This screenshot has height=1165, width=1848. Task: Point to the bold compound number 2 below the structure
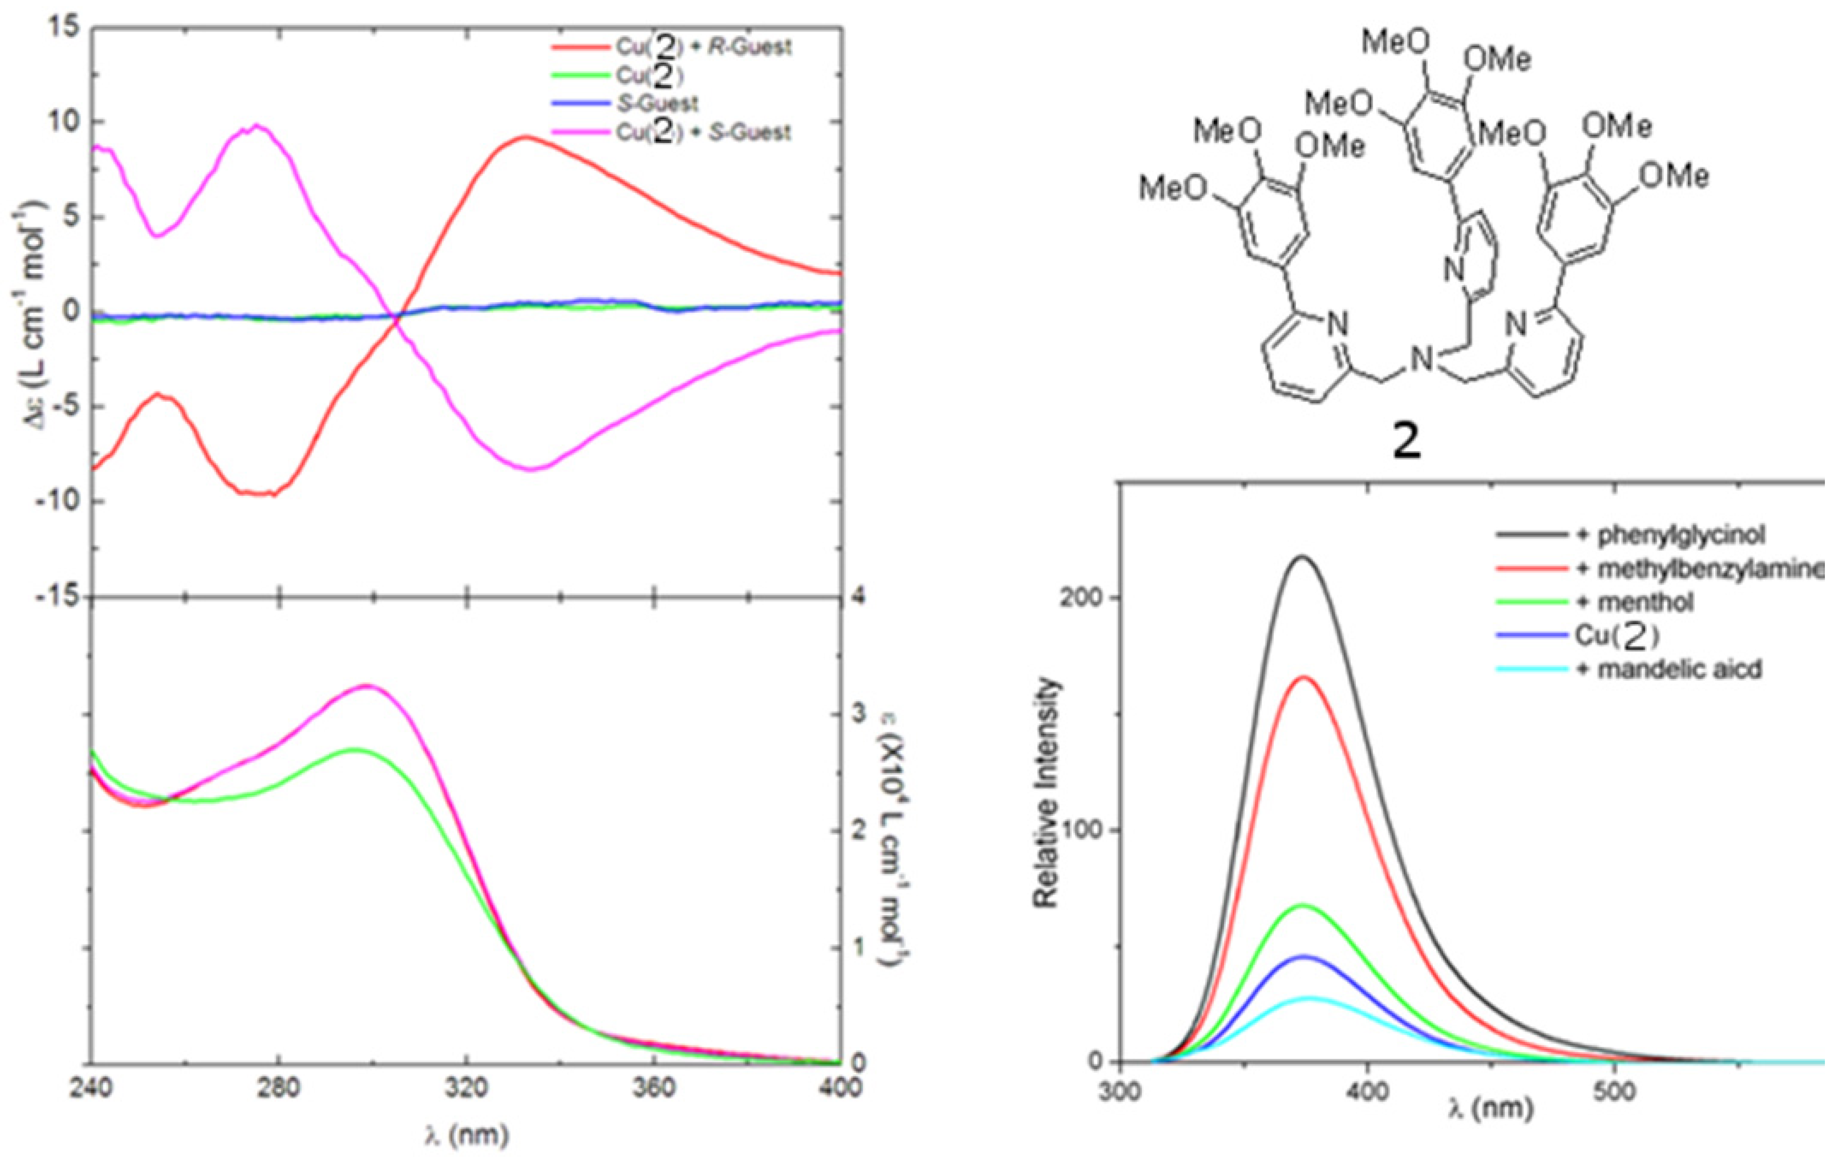[x=1406, y=443]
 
